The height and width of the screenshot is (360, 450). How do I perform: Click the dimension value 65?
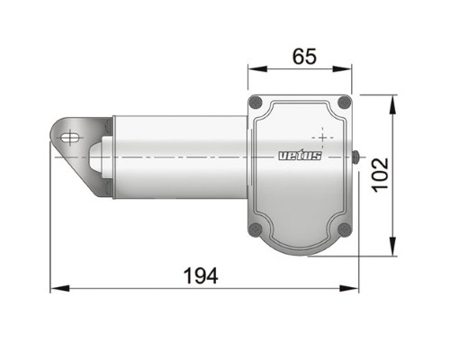(304, 57)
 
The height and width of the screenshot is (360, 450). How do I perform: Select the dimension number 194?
(201, 276)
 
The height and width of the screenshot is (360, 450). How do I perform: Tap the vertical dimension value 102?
(381, 175)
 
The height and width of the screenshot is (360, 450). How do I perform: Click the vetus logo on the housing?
(300, 155)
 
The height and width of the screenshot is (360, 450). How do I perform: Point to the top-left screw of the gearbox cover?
(256, 103)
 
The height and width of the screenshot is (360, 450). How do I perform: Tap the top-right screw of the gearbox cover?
(345, 102)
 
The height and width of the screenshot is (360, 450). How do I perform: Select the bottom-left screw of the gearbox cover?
(256, 229)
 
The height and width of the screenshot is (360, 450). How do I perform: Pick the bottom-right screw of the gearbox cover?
(345, 229)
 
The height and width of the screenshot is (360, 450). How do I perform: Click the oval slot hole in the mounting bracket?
(71, 138)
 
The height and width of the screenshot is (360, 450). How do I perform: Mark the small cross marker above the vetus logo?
(323, 138)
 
